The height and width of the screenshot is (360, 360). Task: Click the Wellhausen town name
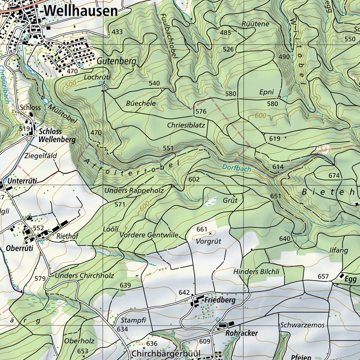point(81,11)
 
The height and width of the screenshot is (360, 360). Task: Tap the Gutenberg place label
point(116,61)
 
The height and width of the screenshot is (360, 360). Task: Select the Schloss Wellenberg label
point(57,135)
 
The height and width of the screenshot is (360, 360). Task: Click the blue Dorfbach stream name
point(237,169)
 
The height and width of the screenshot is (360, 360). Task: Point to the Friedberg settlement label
point(220,301)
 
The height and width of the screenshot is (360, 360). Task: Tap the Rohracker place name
point(242,333)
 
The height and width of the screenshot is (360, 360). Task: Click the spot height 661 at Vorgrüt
point(202,229)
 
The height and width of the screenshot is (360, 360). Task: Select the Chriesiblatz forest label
point(186,125)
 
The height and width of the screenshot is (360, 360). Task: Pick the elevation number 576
point(201,111)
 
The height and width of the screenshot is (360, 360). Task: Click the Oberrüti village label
point(19,248)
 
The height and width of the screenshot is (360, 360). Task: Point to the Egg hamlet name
point(351,279)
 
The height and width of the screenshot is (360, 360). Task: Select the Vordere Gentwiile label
point(149,235)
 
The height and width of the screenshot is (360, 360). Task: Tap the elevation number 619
point(275,139)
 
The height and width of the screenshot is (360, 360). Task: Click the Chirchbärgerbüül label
point(166,353)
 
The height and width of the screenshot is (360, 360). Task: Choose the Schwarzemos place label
point(302,325)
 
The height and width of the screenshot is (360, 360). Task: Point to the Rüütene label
point(256,24)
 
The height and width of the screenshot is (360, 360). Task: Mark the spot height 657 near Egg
point(323,277)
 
